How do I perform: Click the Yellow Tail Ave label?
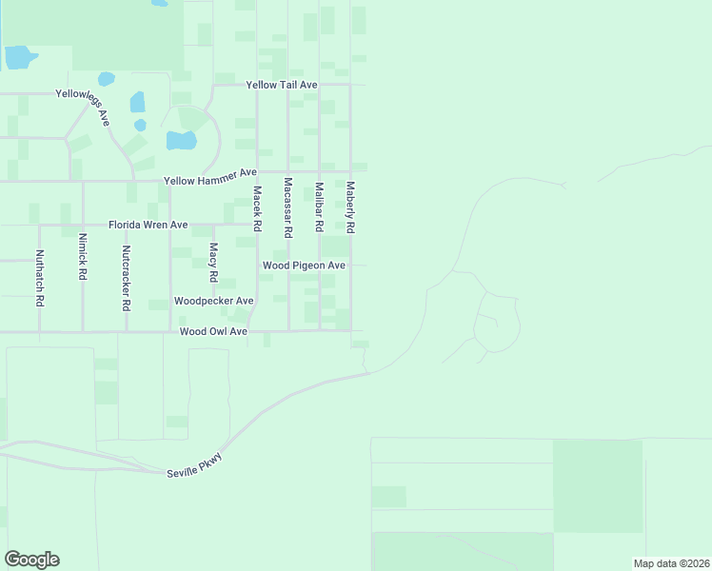click(x=282, y=85)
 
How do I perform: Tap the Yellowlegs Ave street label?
click(x=83, y=102)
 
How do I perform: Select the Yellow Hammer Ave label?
click(x=210, y=177)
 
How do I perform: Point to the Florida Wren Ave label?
click(x=148, y=225)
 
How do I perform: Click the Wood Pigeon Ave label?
click(x=304, y=266)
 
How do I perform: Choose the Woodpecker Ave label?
click(x=213, y=301)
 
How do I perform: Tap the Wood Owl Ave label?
click(x=213, y=331)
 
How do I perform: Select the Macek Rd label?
click(x=257, y=208)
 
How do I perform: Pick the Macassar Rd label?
click(x=287, y=207)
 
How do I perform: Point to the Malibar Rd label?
click(x=320, y=207)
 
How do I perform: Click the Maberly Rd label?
click(x=351, y=207)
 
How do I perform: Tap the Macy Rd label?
click(x=213, y=263)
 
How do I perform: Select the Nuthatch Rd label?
click(x=39, y=277)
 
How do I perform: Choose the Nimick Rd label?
click(x=83, y=256)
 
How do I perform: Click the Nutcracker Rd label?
click(x=126, y=279)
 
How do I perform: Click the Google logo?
click(x=31, y=560)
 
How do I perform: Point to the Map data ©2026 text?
click(x=670, y=563)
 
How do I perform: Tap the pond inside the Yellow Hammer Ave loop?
click(x=181, y=141)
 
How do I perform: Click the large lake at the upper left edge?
click(x=19, y=57)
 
